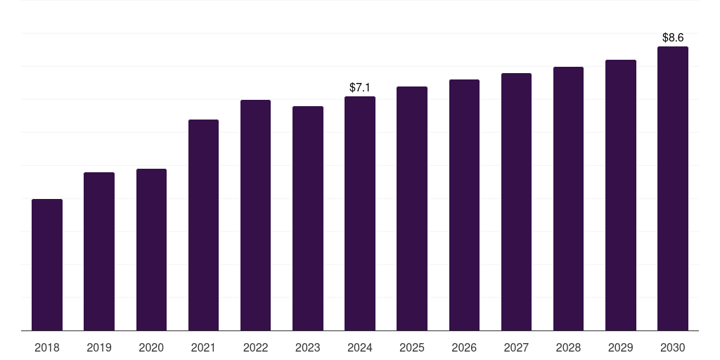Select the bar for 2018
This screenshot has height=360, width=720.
point(47,265)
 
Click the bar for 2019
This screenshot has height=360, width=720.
point(99,252)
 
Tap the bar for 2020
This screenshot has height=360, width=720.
point(151,250)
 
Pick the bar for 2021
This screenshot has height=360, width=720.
point(203,225)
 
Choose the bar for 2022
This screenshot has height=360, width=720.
point(255,215)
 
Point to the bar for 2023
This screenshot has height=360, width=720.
point(308,219)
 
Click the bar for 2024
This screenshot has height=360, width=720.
point(360,214)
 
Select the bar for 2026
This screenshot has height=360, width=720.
point(464,205)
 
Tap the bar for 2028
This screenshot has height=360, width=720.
point(568,199)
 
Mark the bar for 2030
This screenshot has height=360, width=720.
point(673,188)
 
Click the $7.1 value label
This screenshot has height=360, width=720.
point(360,88)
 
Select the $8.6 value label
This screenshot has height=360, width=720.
point(673,38)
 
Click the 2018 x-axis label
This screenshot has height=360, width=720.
point(47,347)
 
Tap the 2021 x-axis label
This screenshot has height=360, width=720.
point(203,347)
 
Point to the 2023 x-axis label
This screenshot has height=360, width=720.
point(308,347)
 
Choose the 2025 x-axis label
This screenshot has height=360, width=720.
point(412,347)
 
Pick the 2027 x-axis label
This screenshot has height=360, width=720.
point(516,347)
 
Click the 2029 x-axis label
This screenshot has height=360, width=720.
point(621,347)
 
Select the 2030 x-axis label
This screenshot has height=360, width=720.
point(673,347)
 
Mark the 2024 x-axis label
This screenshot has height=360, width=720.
point(360,347)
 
